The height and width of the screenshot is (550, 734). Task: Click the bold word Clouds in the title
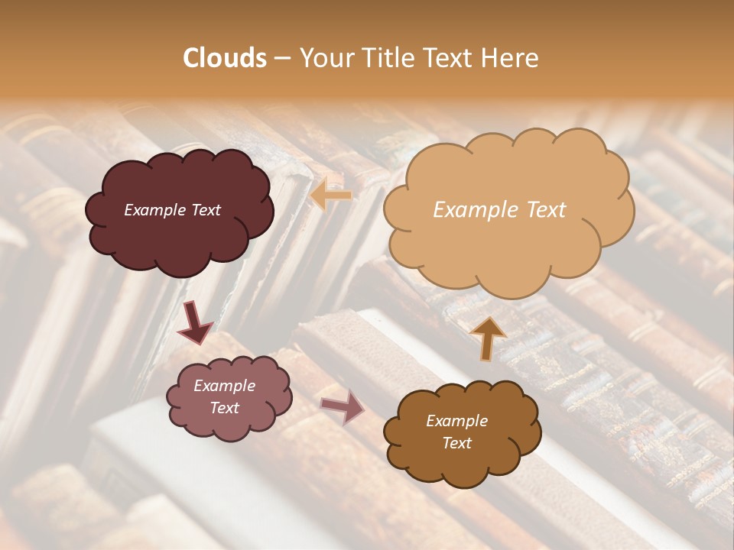coord(225,58)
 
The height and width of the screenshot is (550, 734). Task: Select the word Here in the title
coord(511,58)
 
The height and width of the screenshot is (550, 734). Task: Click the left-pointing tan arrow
coord(330,196)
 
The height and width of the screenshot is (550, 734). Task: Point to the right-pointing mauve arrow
coord(343,406)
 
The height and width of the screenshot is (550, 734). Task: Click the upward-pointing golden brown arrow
coord(489,338)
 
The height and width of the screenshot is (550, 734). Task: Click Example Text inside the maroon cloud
coord(172,210)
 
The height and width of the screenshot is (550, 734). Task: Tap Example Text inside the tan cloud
coord(499,210)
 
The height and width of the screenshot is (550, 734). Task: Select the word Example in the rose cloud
coord(224,386)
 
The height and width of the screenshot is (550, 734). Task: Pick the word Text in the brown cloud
coord(456,443)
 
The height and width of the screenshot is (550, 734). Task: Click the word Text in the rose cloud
coord(224,408)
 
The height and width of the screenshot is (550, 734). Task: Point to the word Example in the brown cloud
coord(456,421)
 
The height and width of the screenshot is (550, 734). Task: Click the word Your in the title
coord(325,58)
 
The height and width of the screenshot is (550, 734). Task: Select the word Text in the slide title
coord(450,58)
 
